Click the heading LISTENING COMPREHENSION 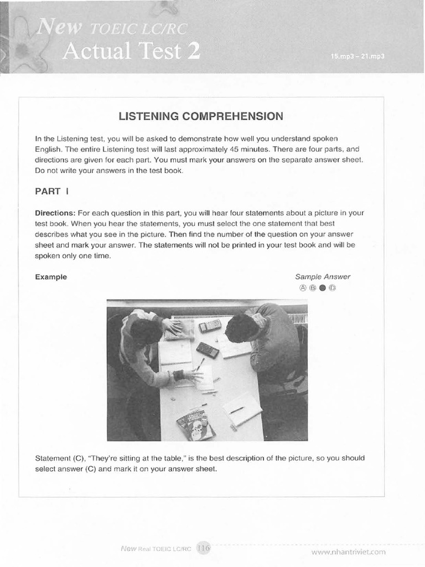point(201,116)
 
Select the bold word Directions point(55,213)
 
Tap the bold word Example point(51,277)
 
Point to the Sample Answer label point(323,277)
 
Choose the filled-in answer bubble point(323,288)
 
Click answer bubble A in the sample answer point(303,288)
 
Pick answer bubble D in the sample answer point(333,288)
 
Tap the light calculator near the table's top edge point(210,326)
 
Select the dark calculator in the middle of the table point(207,350)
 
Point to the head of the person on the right point(241,328)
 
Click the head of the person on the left point(146,332)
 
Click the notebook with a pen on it point(242,409)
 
